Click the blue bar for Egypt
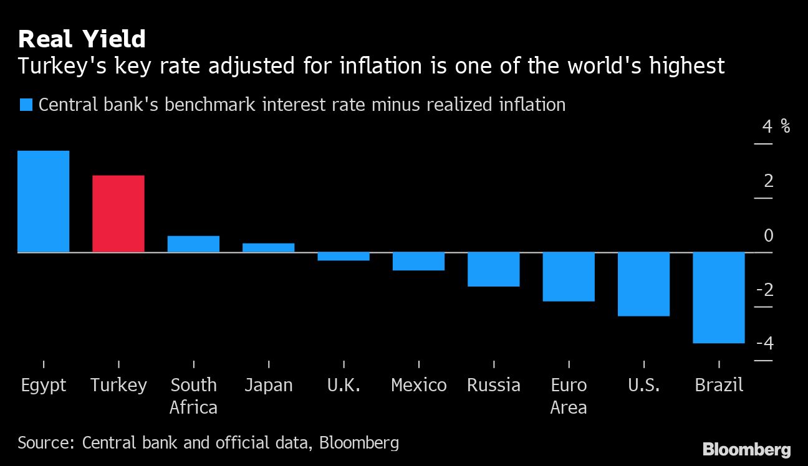coord(43,201)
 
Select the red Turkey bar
coord(118,214)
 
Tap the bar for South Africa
coord(193,244)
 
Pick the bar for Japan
coord(268,247)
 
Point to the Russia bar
coord(493,269)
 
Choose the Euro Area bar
coord(569,277)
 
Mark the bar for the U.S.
coord(643,284)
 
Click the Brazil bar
coord(719,298)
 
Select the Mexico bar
coord(418,261)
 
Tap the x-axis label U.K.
coord(344,386)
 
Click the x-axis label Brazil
coord(719,386)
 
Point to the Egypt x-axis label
coord(43,386)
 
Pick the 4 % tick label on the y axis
coord(776,127)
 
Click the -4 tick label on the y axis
coord(764,344)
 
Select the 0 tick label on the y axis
coord(768,235)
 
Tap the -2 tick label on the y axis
coord(764,290)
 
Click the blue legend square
coord(26,105)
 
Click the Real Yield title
coord(82,39)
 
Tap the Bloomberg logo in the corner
coord(746,449)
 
